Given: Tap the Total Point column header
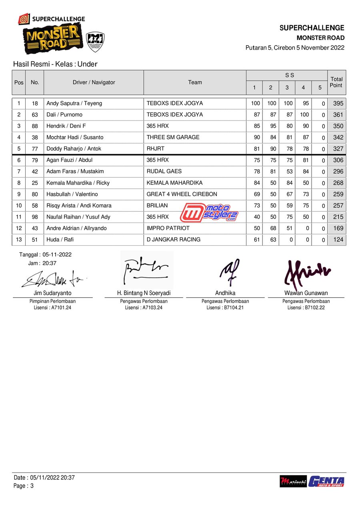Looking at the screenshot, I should click(336, 82).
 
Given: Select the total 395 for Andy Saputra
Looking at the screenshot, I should click(338, 103).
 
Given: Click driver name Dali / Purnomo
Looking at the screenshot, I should click(64, 114).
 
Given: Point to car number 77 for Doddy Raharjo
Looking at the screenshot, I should click(35, 149).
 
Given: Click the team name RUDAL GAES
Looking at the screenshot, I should click(164, 171).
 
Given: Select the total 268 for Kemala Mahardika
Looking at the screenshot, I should click(338, 183).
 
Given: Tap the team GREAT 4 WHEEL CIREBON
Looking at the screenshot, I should click(182, 194).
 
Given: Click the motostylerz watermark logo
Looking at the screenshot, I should click(209, 213).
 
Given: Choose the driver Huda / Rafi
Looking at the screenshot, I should click(60, 239).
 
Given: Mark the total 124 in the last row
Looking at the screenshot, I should click(338, 240).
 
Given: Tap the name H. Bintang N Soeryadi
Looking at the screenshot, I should click(144, 293).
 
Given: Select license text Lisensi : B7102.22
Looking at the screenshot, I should click(306, 307).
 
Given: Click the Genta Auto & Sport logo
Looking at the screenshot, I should click(326, 481).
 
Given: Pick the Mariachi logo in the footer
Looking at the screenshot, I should click(293, 481).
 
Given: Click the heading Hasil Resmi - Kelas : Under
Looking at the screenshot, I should click(55, 64).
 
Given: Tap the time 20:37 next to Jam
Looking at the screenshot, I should click(50, 263).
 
